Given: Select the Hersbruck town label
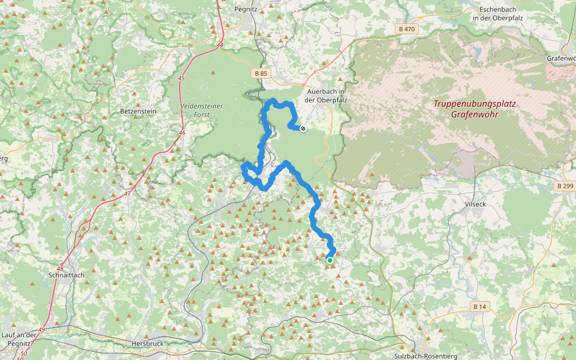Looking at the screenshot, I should pos(148,344).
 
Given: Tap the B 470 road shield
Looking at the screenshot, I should pos(406,29).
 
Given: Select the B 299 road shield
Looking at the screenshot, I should pos(565,186).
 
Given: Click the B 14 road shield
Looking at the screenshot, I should pos(479,307).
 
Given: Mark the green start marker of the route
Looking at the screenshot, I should pos(329,260).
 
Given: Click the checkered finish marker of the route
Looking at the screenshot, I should pos(303,128).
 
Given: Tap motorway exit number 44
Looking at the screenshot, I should pos(220,45).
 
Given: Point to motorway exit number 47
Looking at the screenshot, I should pos(127,194).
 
